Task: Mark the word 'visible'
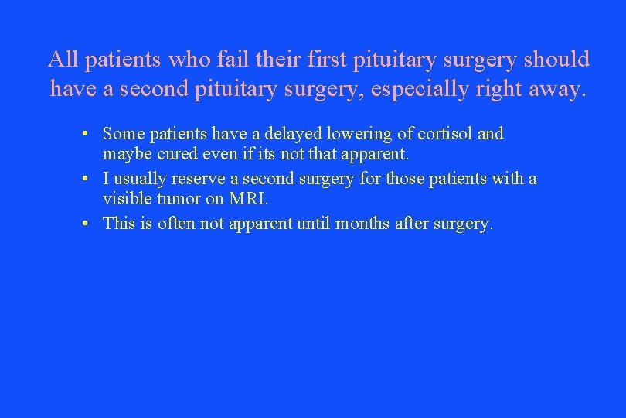pos(128,199)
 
